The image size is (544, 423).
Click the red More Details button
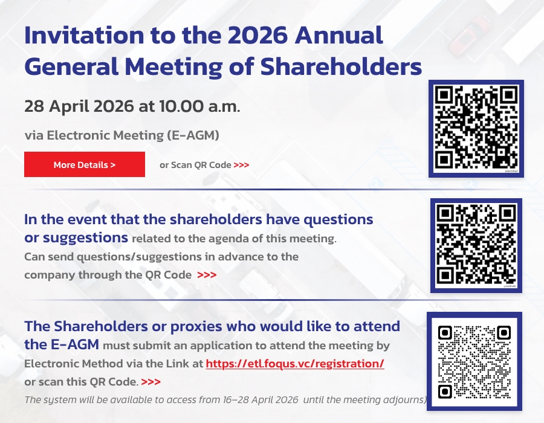[x=84, y=164]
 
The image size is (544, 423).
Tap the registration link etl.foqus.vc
[x=295, y=363]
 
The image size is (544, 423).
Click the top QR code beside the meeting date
[x=476, y=129]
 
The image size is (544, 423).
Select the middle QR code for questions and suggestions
[x=476, y=245]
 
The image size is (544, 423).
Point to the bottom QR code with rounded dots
[x=474, y=361]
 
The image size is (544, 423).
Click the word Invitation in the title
[x=84, y=36]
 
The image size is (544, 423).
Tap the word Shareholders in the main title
[x=341, y=66]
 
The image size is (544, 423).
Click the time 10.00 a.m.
[x=199, y=106]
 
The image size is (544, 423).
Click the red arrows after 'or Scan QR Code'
[x=241, y=165]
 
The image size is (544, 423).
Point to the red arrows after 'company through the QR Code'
[x=207, y=275]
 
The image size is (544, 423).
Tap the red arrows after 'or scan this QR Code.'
[x=151, y=382]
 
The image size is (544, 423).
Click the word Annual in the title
[x=339, y=36]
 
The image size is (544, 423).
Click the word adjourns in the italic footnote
[x=403, y=400]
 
